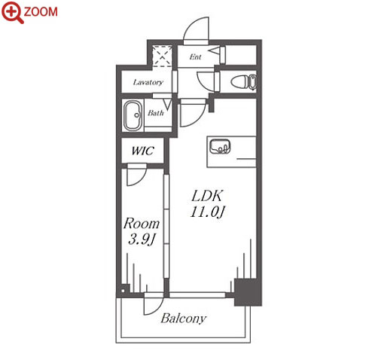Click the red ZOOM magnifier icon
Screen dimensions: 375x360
pyautogui.click(x=13, y=12)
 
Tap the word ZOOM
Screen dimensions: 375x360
pyautogui.click(x=41, y=12)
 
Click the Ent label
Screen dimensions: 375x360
pyautogui.click(x=195, y=57)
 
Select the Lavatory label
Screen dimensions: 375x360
pyautogui.click(x=148, y=82)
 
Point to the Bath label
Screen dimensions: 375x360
pyautogui.click(x=156, y=113)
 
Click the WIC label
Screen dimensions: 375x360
pyautogui.click(x=142, y=151)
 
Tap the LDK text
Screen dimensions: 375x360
pyautogui.click(x=207, y=196)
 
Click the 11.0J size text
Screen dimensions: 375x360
pyautogui.click(x=207, y=212)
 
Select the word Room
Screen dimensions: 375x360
pyautogui.click(x=142, y=224)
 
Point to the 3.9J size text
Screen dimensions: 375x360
pyautogui.click(x=142, y=239)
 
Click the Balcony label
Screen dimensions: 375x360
pyautogui.click(x=184, y=319)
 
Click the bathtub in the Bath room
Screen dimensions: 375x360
pyautogui.click(x=133, y=116)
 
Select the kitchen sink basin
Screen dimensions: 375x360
pyautogui.click(x=220, y=146)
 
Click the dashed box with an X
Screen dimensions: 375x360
pyautogui.click(x=163, y=56)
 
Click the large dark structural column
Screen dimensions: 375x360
pyautogui.click(x=248, y=292)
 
